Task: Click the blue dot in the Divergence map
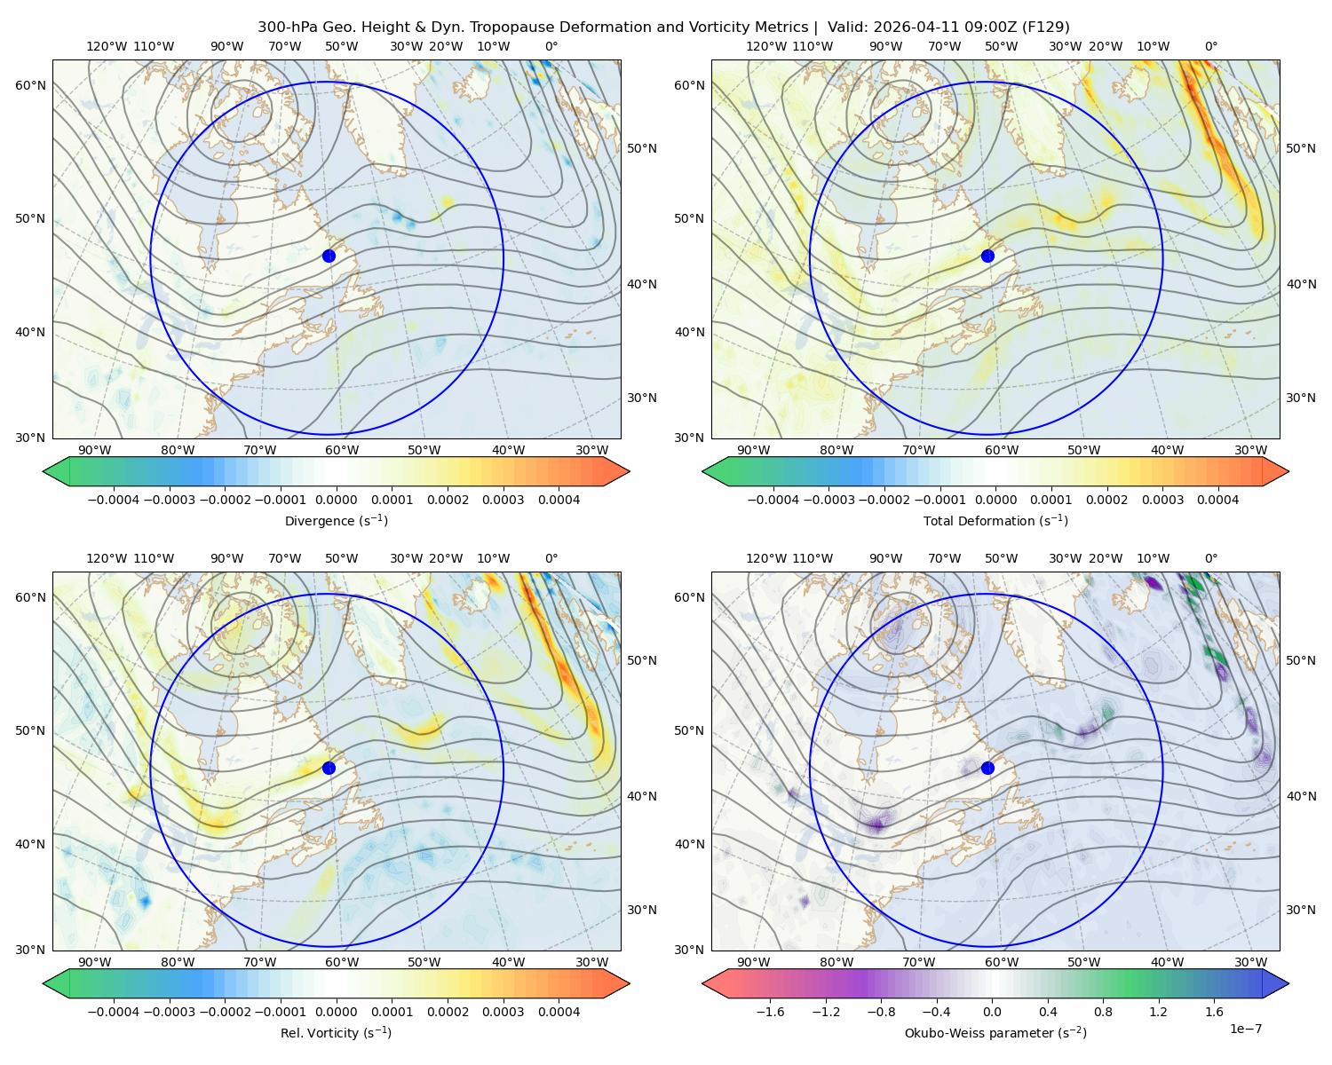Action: [x=329, y=256]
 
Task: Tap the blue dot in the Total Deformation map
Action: [x=987, y=256]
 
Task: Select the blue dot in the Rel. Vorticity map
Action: [x=329, y=768]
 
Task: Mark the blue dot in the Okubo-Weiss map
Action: [x=987, y=768]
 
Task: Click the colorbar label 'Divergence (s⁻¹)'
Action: [x=336, y=520]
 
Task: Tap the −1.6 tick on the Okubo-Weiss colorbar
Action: [x=770, y=1012]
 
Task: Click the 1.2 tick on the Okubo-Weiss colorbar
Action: [x=1158, y=1012]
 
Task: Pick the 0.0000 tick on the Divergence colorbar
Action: [x=336, y=500]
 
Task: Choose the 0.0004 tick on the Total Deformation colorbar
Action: [x=1218, y=500]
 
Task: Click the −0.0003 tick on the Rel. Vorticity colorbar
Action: [x=169, y=1012]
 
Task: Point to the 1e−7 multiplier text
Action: [x=1245, y=1029]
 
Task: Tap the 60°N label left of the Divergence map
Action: [x=30, y=85]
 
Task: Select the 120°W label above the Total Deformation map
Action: [x=765, y=46]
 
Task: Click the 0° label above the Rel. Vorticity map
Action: [x=551, y=558]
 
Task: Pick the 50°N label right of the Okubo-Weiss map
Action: [x=1301, y=660]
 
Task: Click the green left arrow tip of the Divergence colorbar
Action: [x=44, y=471]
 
